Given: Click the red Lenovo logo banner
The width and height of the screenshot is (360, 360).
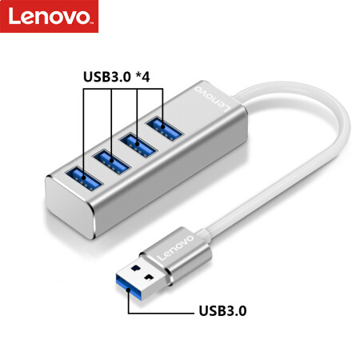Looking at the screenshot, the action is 49,16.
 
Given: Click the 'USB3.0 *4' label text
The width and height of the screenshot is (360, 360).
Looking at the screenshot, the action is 117,77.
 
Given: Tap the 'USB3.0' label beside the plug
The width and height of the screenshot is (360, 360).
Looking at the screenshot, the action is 222,310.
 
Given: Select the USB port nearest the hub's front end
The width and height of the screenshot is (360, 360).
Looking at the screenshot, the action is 84,179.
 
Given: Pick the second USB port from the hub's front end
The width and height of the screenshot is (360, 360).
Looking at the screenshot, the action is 112,162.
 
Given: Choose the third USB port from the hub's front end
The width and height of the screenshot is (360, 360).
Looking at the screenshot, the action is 138,145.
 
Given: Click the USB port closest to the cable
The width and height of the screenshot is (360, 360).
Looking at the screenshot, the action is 164,129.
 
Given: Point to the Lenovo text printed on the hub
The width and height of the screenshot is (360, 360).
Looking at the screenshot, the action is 212,98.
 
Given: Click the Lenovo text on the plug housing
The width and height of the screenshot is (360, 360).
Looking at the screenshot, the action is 175,247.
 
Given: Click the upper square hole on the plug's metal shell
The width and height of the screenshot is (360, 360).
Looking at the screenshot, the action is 136,267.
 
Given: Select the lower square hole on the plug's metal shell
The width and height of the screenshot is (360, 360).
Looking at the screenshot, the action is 150,277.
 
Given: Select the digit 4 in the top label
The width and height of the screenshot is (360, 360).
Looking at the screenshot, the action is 146,77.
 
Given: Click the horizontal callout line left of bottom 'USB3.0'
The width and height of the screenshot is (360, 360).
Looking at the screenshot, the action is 161,313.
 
